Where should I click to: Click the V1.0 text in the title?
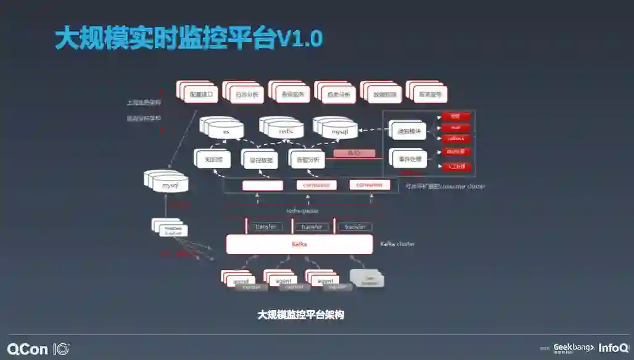click(x=300, y=39)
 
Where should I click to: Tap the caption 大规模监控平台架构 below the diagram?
click(x=300, y=315)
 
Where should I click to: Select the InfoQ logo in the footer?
click(x=613, y=348)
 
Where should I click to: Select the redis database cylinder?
click(x=284, y=130)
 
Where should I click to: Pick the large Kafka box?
click(x=300, y=244)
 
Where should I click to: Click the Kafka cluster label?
click(x=397, y=244)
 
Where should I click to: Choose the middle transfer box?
click(x=311, y=227)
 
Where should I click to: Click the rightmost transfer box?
click(x=355, y=227)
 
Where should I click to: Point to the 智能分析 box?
click(x=308, y=159)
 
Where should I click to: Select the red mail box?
click(x=456, y=128)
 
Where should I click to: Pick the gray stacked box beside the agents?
click(x=368, y=279)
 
